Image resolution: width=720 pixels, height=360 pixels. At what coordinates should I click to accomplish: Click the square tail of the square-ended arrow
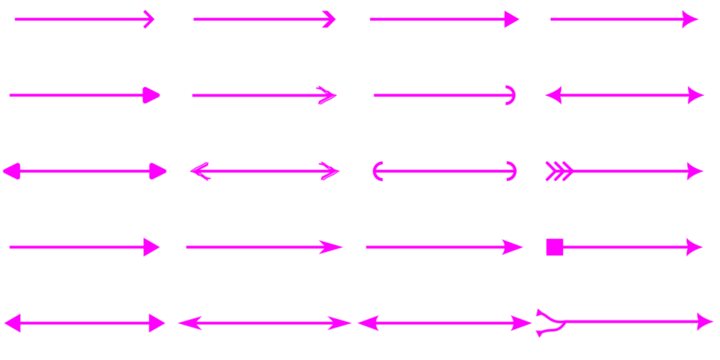tap(554, 247)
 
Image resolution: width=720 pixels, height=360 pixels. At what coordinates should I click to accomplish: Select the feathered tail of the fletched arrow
tap(558, 171)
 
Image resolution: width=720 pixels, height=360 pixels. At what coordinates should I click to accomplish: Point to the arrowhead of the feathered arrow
tap(697, 171)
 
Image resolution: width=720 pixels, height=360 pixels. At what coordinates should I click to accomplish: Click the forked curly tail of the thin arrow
tap(547, 322)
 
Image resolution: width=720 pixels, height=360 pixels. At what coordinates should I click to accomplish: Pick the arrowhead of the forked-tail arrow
tap(707, 322)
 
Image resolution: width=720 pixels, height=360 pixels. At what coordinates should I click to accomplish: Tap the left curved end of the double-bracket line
tap(377, 171)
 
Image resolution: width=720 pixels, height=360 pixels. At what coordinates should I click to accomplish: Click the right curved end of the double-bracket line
tap(513, 171)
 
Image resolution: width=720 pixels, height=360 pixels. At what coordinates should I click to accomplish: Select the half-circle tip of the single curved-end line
tap(511, 95)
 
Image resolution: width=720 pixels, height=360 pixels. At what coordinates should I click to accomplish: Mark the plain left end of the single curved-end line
tap(373, 95)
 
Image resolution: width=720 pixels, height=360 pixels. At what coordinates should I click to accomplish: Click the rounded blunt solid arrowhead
tap(152, 95)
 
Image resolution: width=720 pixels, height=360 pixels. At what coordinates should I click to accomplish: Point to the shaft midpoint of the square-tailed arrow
tap(625, 247)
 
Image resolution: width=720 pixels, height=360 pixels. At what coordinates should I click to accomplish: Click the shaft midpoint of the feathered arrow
tap(630, 171)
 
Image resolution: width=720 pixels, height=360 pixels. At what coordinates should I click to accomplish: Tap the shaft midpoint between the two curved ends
tap(445, 171)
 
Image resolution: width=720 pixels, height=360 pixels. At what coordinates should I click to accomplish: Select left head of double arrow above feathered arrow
tap(552, 95)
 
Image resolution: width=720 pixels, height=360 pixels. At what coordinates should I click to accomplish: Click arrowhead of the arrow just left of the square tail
tap(515, 247)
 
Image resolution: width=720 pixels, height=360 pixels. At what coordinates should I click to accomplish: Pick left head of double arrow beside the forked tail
tap(365, 323)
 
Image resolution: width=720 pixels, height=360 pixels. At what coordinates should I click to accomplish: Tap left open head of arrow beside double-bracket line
tap(195, 171)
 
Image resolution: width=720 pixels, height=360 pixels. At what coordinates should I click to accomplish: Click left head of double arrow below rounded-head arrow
tap(10, 171)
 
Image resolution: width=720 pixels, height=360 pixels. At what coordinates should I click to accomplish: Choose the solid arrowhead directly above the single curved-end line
tap(513, 19)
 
